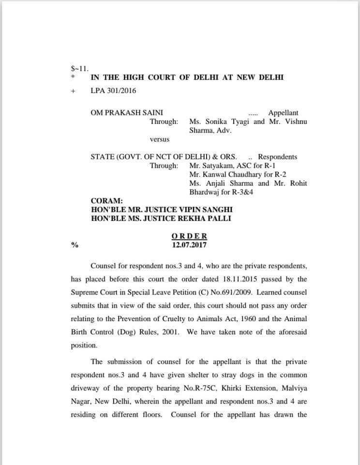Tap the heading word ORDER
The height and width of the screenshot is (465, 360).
point(189,236)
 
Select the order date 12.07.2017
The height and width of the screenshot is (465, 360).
point(189,245)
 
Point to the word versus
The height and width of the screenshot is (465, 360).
point(160,139)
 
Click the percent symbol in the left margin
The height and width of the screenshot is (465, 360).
point(75,245)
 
